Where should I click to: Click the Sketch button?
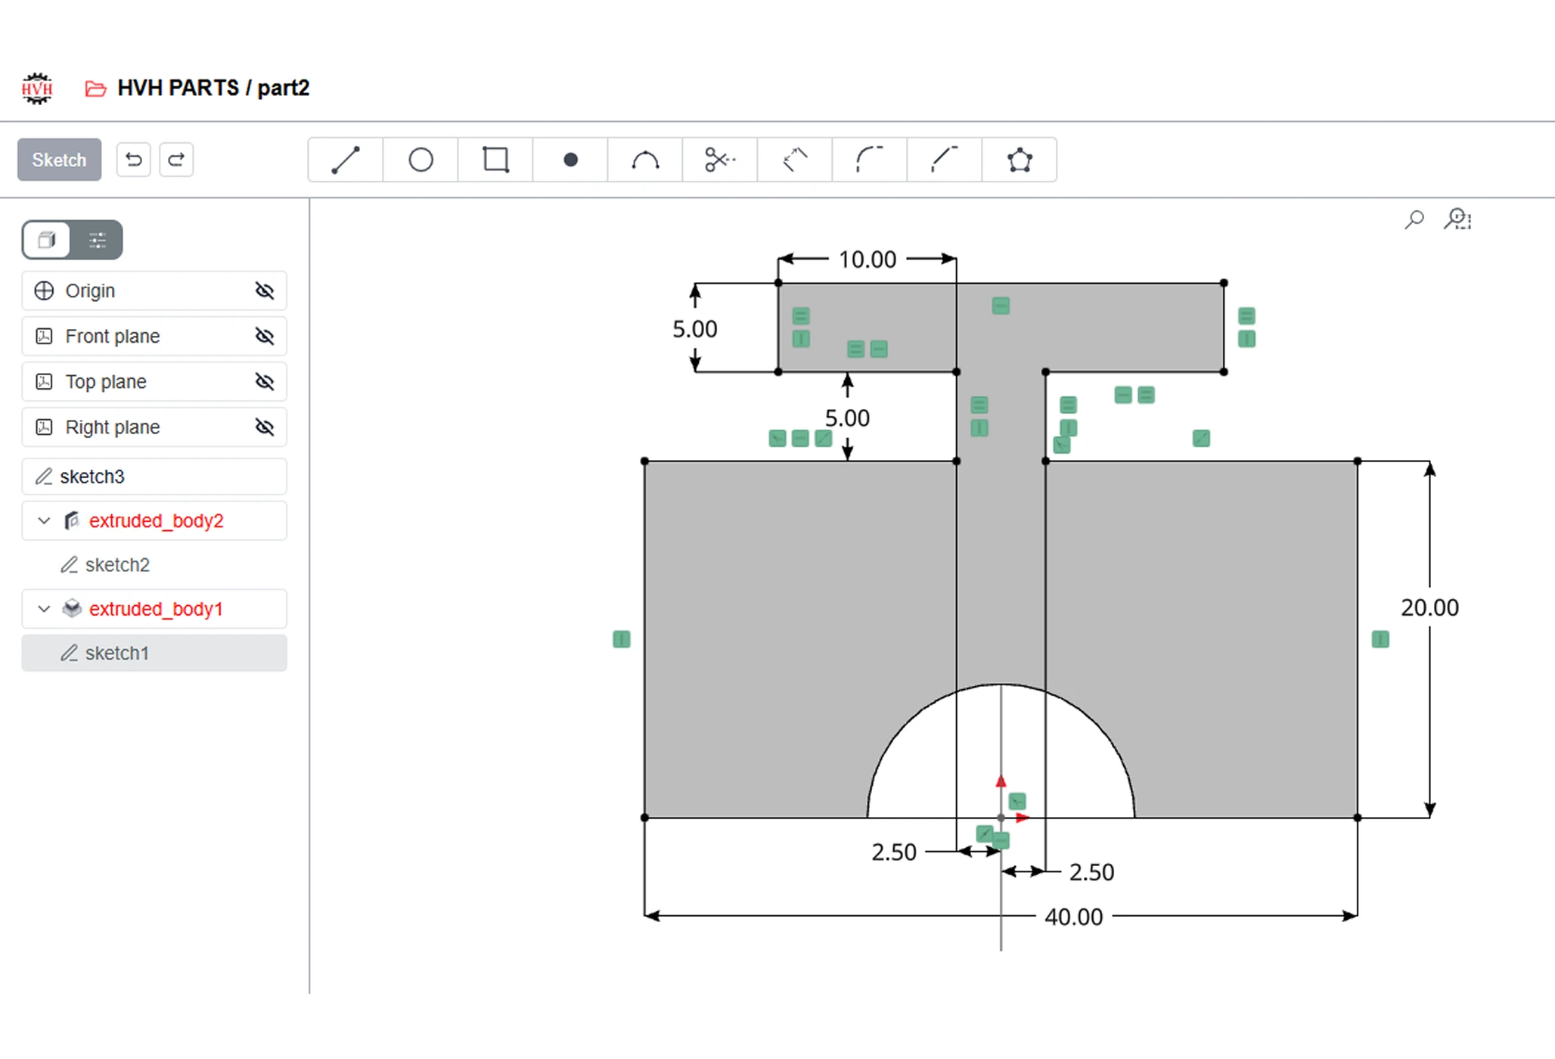coord(59,160)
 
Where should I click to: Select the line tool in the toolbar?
coord(346,160)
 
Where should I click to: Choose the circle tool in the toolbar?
coord(421,160)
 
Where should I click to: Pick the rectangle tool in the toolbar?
coord(495,160)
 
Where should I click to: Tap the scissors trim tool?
coord(720,160)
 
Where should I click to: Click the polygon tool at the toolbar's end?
coord(1020,160)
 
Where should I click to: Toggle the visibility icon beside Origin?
coord(265,290)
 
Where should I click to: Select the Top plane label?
coord(106,381)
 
